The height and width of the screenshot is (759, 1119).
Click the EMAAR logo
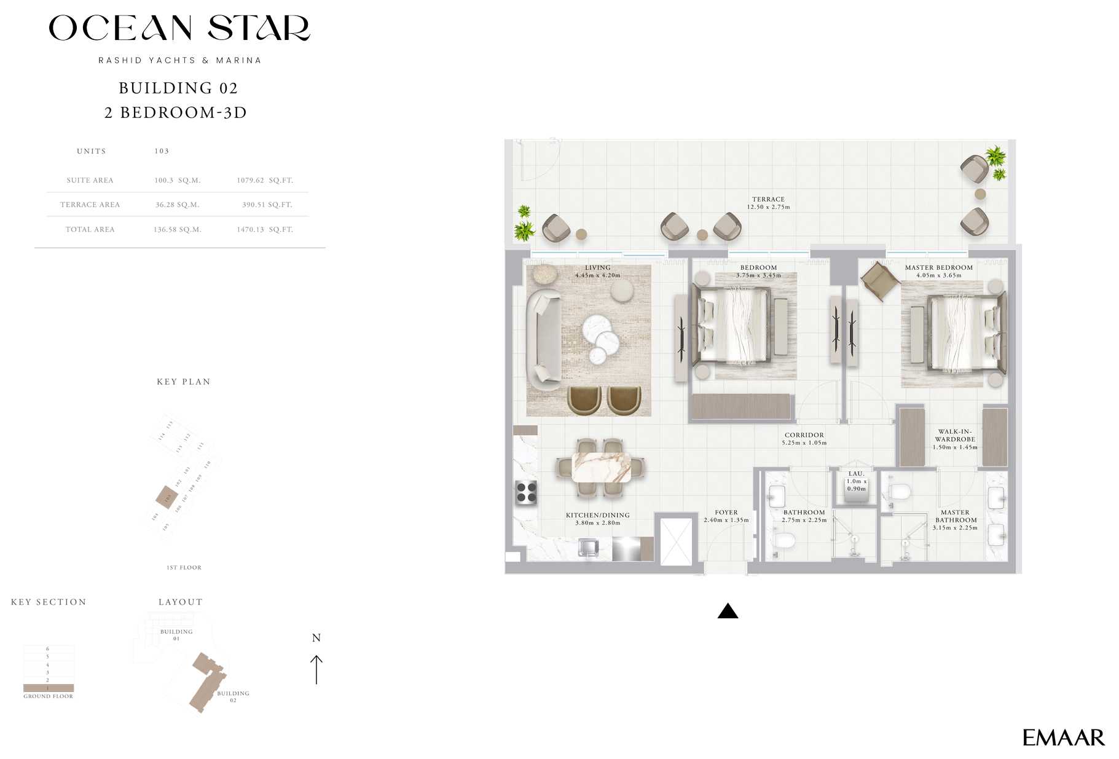click(1062, 737)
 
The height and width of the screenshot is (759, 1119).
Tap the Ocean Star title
click(179, 29)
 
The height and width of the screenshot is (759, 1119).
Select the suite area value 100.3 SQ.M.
click(177, 181)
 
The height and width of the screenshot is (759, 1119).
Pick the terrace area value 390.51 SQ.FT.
click(267, 205)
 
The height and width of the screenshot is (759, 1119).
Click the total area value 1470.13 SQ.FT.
click(264, 229)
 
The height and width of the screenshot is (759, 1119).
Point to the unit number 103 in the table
click(162, 151)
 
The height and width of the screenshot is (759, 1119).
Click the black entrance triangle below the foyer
click(728, 611)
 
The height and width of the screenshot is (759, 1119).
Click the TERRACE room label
click(768, 199)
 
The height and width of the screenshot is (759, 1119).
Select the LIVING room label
click(597, 267)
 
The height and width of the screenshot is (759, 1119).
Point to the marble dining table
click(601, 467)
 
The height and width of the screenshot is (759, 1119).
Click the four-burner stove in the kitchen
click(526, 492)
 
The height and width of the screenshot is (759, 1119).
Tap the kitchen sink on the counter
click(588, 547)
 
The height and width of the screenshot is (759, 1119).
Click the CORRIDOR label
click(804, 435)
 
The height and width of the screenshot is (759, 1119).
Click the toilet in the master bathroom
click(899, 492)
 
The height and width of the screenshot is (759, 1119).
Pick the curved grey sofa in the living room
click(543, 339)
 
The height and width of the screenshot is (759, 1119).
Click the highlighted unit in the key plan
click(167, 496)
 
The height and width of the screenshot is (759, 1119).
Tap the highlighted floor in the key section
click(49, 688)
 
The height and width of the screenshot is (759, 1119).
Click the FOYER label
click(726, 512)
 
